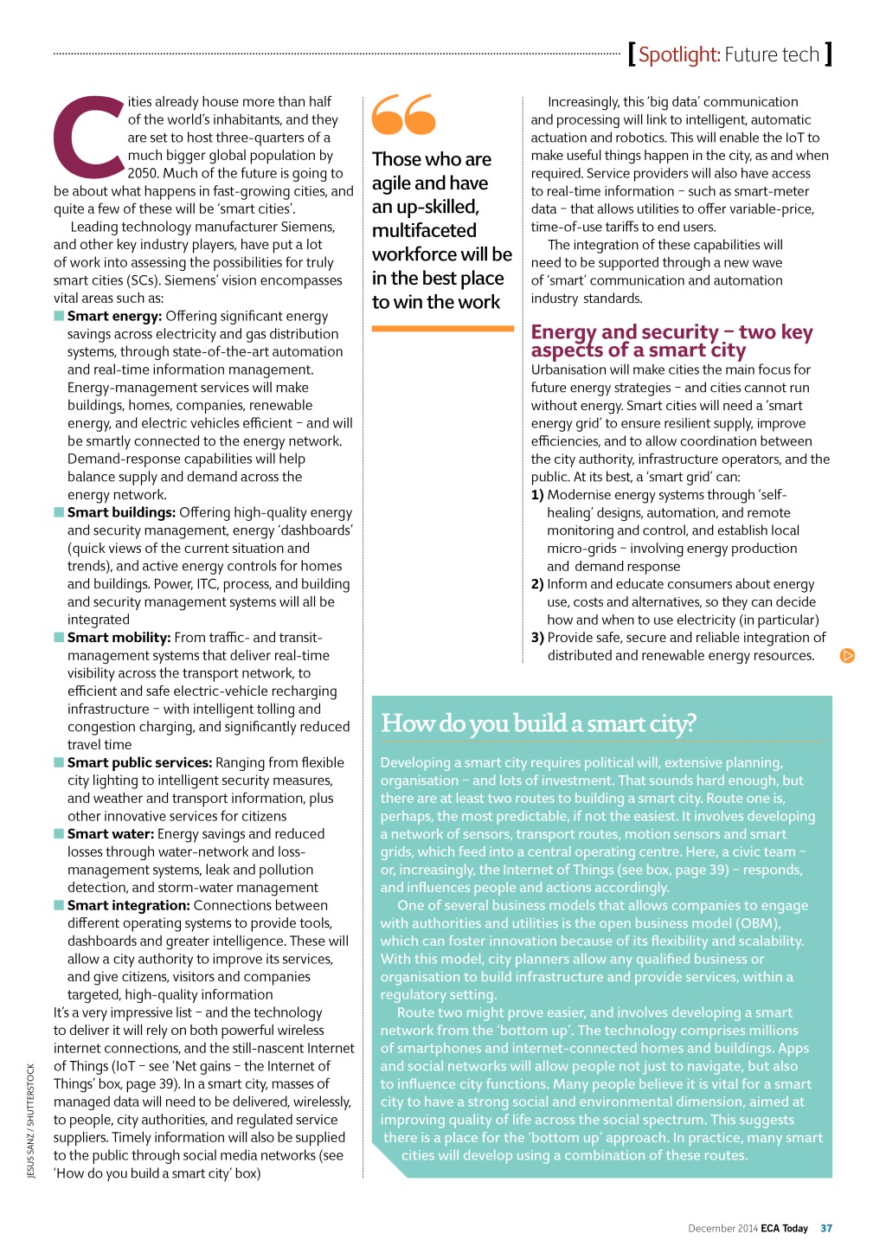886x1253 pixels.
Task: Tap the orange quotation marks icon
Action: point(403,114)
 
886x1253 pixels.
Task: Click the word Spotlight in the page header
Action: point(678,55)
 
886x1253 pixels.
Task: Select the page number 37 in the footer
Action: point(826,1228)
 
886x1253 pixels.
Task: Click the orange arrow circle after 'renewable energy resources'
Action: point(847,656)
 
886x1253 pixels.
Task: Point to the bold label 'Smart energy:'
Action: point(114,316)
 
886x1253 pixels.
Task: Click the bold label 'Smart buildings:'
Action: point(121,512)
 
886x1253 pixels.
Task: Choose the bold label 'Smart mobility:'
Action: point(119,638)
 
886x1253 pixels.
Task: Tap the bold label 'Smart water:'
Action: point(111,833)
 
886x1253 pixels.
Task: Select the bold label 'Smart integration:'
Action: point(128,905)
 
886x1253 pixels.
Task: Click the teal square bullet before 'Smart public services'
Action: point(59,762)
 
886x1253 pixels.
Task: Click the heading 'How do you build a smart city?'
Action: point(538,723)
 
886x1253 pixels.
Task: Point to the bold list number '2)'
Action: point(537,584)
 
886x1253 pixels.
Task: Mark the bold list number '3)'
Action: point(537,638)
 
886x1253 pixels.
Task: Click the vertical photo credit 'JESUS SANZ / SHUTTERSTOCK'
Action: point(31,1120)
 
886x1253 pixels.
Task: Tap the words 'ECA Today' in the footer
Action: point(784,1228)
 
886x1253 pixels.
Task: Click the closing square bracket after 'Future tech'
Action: point(828,55)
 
